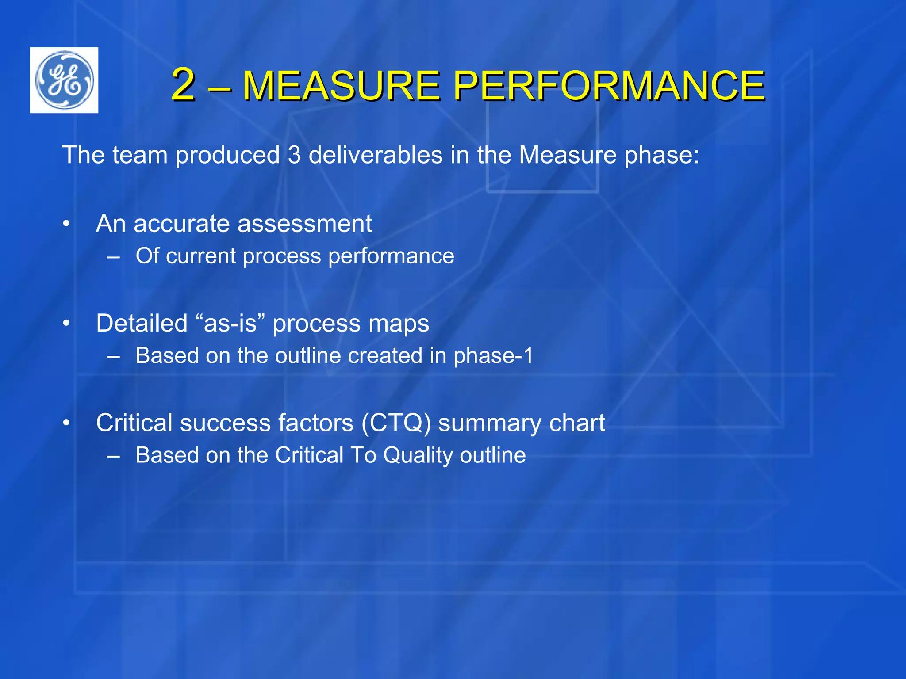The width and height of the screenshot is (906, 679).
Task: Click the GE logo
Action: [64, 80]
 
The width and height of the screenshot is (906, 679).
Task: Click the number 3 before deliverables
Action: [294, 155]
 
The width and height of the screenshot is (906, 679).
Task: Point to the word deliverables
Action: [376, 155]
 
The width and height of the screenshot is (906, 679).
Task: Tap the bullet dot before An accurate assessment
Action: [66, 224]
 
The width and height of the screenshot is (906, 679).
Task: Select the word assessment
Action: [305, 224]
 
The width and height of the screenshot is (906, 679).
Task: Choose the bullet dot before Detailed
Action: [66, 324]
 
